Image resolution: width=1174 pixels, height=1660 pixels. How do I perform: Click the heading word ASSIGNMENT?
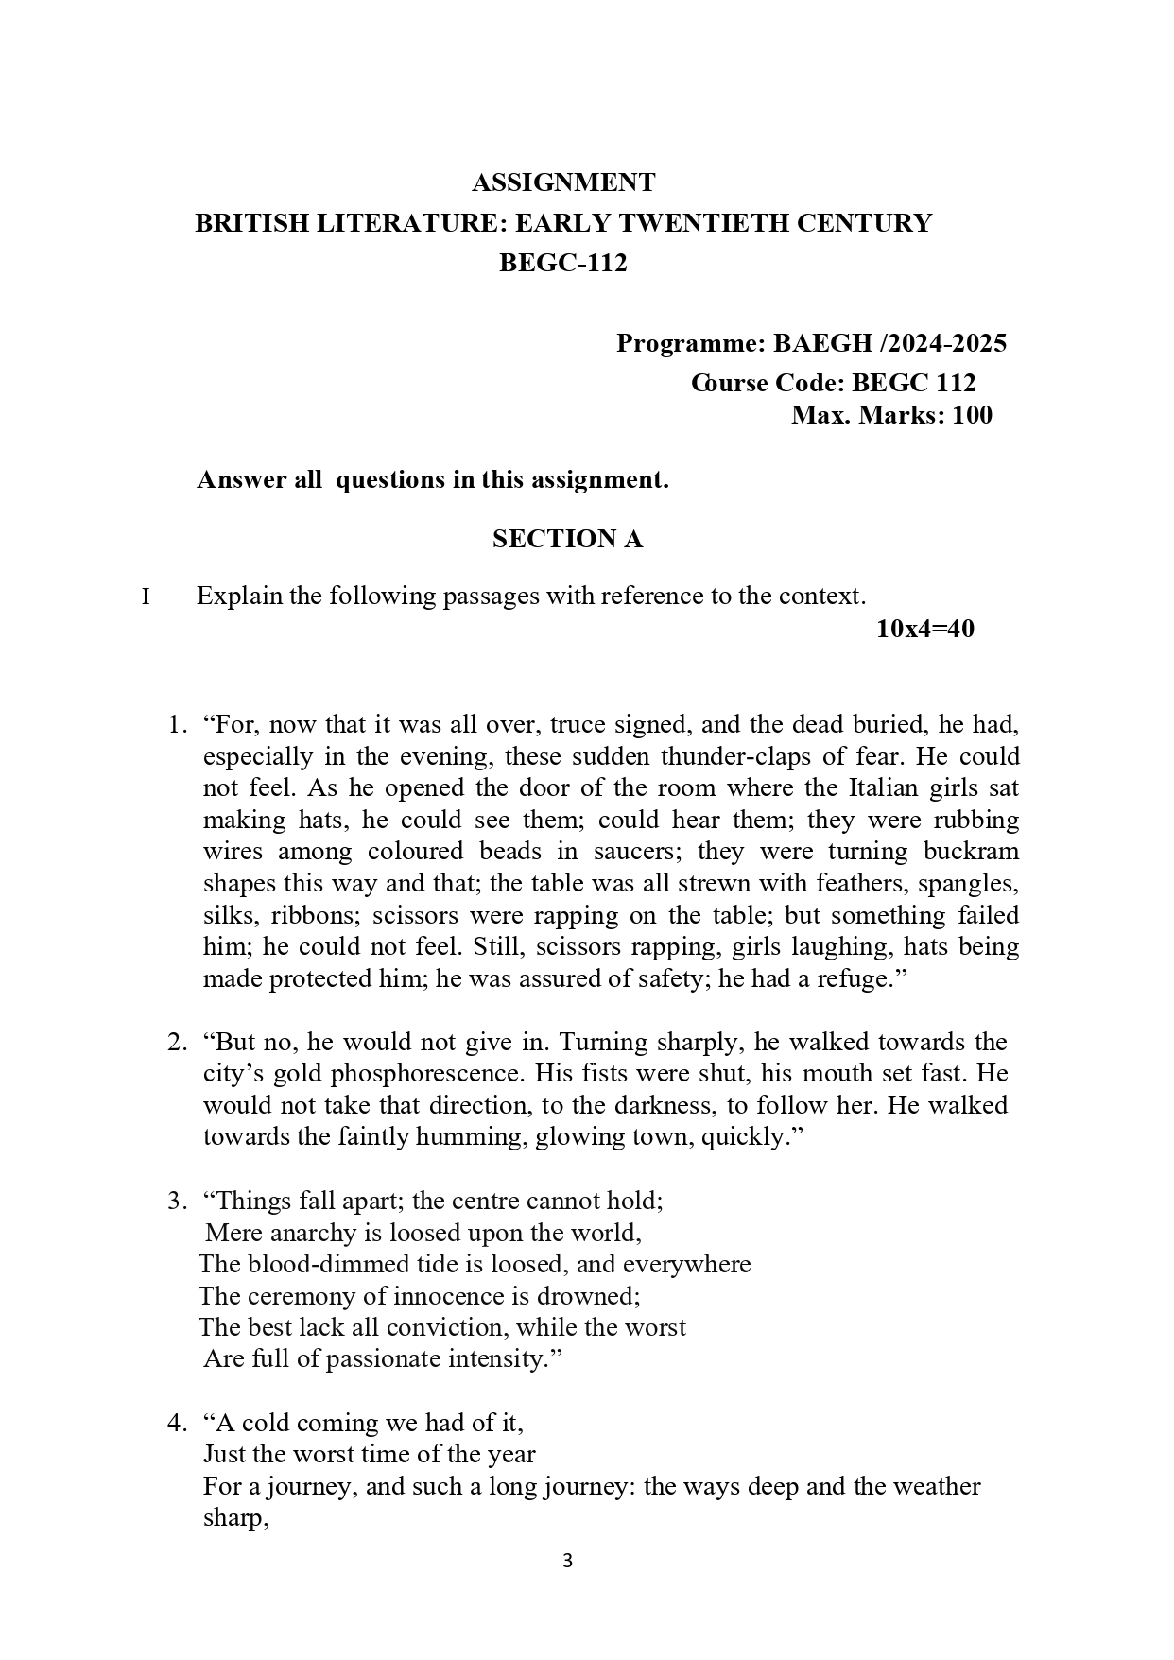coord(562,182)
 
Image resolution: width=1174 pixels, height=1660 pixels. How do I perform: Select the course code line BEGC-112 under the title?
coord(562,263)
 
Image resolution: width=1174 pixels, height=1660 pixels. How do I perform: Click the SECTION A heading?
coord(567,539)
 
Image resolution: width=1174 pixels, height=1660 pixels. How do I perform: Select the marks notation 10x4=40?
coord(924,629)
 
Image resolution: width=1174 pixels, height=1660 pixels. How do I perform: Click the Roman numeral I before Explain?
coord(146,597)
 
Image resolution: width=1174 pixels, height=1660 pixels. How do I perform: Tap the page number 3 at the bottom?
coord(567,1560)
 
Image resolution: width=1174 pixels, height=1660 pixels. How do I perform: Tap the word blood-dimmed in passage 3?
coord(329,1264)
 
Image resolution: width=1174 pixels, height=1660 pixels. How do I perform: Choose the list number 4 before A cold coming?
coord(175,1423)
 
